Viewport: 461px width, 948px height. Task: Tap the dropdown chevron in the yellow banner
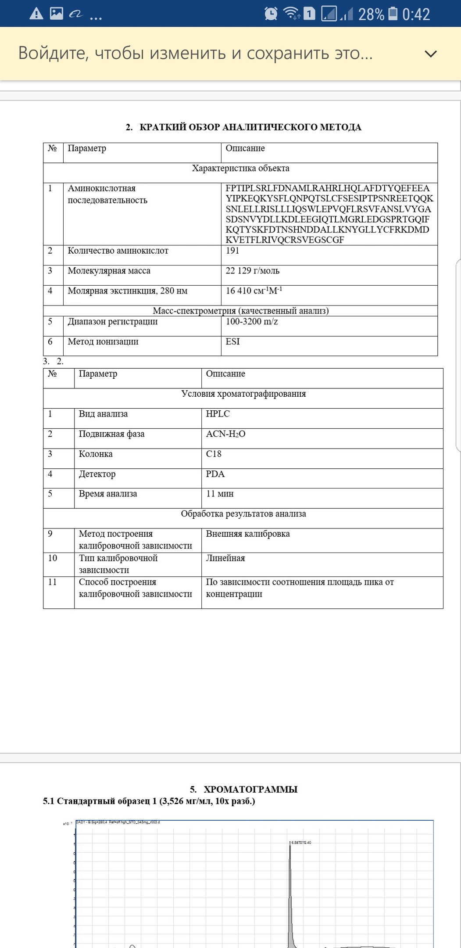tap(431, 54)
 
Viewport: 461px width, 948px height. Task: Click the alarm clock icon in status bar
tap(271, 14)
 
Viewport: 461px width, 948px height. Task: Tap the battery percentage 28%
tap(371, 14)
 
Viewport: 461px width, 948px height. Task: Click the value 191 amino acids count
tap(232, 251)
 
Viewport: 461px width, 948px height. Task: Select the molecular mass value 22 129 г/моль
tap(252, 271)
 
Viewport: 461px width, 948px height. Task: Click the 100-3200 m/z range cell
tap(251, 321)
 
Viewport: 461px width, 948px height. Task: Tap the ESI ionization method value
tap(232, 341)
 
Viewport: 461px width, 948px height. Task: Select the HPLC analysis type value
tap(218, 414)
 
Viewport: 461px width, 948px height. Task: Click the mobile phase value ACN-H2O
tap(225, 434)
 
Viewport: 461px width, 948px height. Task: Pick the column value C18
tap(214, 454)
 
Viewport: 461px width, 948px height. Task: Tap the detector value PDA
tap(215, 474)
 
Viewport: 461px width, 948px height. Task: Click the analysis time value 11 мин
tap(219, 494)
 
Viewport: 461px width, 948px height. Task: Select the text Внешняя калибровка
tap(248, 534)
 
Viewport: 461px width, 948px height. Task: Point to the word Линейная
tap(225, 558)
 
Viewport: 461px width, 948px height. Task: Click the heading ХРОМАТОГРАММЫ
tap(250, 790)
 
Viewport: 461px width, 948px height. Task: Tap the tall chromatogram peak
tap(290, 891)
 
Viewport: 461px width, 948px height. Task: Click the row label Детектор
tap(97, 474)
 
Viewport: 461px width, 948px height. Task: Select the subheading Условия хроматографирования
tap(243, 394)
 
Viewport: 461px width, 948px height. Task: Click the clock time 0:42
tap(416, 14)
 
